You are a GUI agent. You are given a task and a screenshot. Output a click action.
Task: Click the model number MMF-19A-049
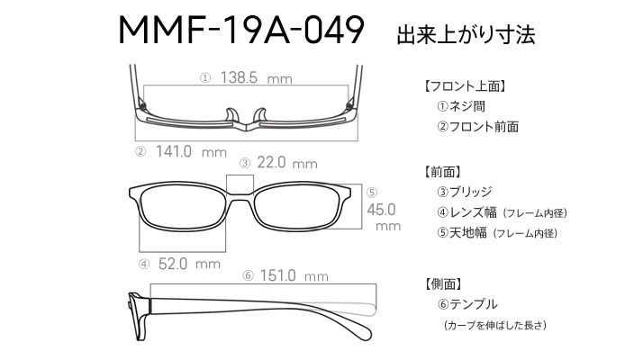pyautogui.click(x=241, y=30)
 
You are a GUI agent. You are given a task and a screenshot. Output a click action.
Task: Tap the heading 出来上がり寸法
pyautogui.click(x=466, y=35)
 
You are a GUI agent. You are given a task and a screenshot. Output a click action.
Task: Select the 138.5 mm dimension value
pyautogui.click(x=256, y=77)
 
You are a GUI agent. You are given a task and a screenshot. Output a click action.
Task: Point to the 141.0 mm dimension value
pyautogui.click(x=191, y=152)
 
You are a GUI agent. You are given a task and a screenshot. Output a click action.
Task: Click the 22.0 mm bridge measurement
pyautogui.click(x=287, y=163)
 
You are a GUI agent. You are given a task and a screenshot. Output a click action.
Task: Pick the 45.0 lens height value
pyautogui.click(x=381, y=210)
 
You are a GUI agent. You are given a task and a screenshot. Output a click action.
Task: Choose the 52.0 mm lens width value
pyautogui.click(x=189, y=264)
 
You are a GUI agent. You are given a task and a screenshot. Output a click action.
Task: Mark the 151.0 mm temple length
pyautogui.click(x=294, y=275)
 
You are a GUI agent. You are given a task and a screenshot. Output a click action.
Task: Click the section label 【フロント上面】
pyautogui.click(x=464, y=86)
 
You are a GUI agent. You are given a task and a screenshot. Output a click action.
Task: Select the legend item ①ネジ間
pyautogui.click(x=461, y=106)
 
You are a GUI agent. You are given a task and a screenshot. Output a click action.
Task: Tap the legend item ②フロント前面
pyautogui.click(x=477, y=126)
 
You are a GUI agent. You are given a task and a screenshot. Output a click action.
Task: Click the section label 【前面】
pyautogui.click(x=441, y=172)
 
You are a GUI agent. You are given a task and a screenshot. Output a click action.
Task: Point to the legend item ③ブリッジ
pyautogui.click(x=464, y=192)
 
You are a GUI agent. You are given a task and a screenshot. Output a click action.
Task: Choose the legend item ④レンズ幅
pyautogui.click(x=466, y=212)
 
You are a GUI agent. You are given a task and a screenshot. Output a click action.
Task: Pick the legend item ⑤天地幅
pyautogui.click(x=462, y=232)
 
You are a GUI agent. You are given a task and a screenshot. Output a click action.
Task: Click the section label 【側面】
pyautogui.click(x=441, y=283)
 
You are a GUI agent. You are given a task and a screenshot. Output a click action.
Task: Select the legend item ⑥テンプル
pyautogui.click(x=467, y=304)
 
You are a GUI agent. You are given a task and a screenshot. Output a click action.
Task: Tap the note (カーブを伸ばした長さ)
pyautogui.click(x=495, y=325)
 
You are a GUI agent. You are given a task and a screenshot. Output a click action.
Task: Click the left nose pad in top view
pyautogui.click(x=232, y=115)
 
